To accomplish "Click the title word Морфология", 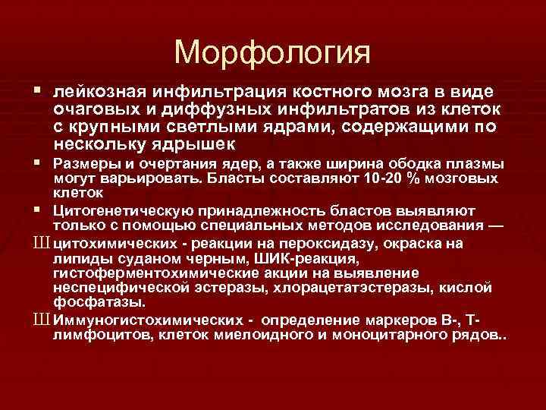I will click(272, 52).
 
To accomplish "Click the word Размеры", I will click(83, 164).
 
